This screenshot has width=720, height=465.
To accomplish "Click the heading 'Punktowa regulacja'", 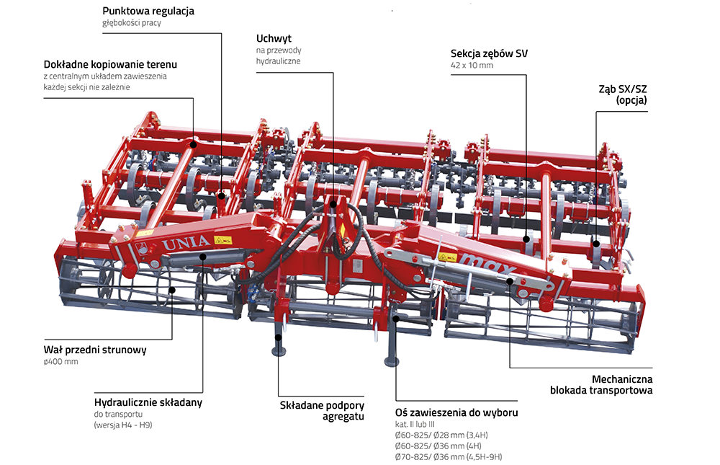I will pyautogui.click(x=148, y=12).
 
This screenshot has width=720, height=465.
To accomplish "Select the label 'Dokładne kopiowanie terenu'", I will pyautogui.click(x=109, y=64).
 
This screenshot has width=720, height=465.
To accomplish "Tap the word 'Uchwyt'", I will pyautogui.click(x=274, y=37).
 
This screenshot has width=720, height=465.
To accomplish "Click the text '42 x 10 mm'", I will pyautogui.click(x=472, y=66).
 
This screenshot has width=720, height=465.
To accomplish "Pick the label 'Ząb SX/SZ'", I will pyautogui.click(x=622, y=89).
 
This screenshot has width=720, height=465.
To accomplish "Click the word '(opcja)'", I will pyautogui.click(x=631, y=101).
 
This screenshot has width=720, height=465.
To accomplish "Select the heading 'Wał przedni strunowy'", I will pyautogui.click(x=95, y=350).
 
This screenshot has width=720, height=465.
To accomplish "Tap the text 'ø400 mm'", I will pyautogui.click(x=60, y=361).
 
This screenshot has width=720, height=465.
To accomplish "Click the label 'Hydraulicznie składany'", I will pyautogui.click(x=148, y=402).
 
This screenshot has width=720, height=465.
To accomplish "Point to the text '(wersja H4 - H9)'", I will pyautogui.click(x=122, y=425).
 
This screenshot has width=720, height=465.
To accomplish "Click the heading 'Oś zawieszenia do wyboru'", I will pyautogui.click(x=456, y=412).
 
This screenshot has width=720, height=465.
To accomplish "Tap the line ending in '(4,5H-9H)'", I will pyautogui.click(x=448, y=457).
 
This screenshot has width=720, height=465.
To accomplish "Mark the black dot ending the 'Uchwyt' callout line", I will pyautogui.click(x=334, y=204).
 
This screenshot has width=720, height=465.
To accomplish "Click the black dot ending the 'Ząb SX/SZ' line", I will pyautogui.click(x=597, y=244).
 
